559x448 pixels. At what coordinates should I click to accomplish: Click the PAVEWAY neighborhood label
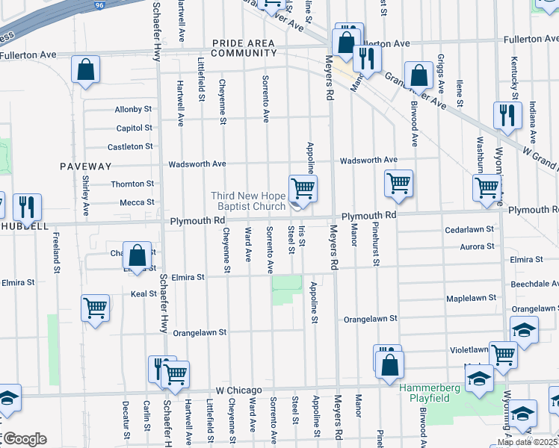86,166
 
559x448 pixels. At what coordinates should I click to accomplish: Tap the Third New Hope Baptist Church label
249,201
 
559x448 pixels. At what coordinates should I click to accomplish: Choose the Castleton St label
130,147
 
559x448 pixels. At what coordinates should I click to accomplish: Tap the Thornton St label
132,184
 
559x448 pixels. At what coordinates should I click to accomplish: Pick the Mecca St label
137,202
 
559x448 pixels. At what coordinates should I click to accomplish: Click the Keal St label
143,294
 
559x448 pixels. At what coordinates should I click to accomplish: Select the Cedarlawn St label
469,229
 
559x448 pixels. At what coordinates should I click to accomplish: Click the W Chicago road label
239,391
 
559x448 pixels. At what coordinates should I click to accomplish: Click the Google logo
24,439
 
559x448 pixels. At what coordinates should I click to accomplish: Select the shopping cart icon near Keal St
96,307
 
